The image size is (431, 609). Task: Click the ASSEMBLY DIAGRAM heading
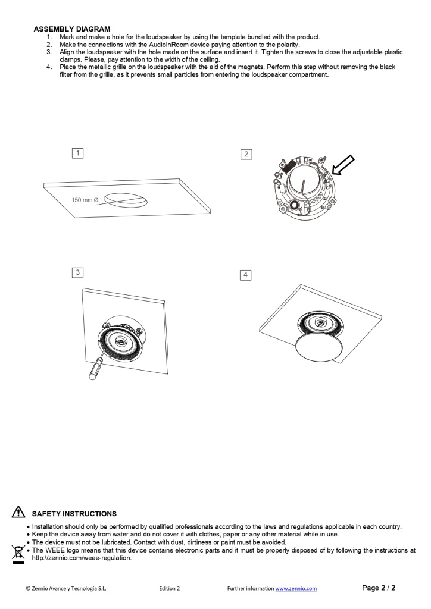(x=71, y=29)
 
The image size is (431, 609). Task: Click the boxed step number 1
(x=77, y=153)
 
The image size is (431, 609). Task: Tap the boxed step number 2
(x=246, y=154)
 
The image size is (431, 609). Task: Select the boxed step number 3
(x=77, y=272)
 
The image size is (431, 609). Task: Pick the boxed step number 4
(x=245, y=275)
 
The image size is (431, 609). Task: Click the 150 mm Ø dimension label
(x=85, y=200)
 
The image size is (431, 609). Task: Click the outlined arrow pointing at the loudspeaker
(x=343, y=165)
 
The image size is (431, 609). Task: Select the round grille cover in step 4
(x=320, y=347)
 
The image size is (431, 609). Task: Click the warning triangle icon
(x=18, y=513)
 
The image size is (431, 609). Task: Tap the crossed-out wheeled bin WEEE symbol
(x=18, y=552)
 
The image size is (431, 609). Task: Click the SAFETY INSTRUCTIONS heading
(x=74, y=513)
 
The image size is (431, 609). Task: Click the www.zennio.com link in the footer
(x=296, y=588)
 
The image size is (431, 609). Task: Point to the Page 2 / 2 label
(x=379, y=588)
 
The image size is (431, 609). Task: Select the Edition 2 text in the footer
(x=170, y=588)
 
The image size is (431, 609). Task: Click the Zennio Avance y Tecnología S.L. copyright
(x=66, y=588)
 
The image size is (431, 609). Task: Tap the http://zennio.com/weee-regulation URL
(x=82, y=558)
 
